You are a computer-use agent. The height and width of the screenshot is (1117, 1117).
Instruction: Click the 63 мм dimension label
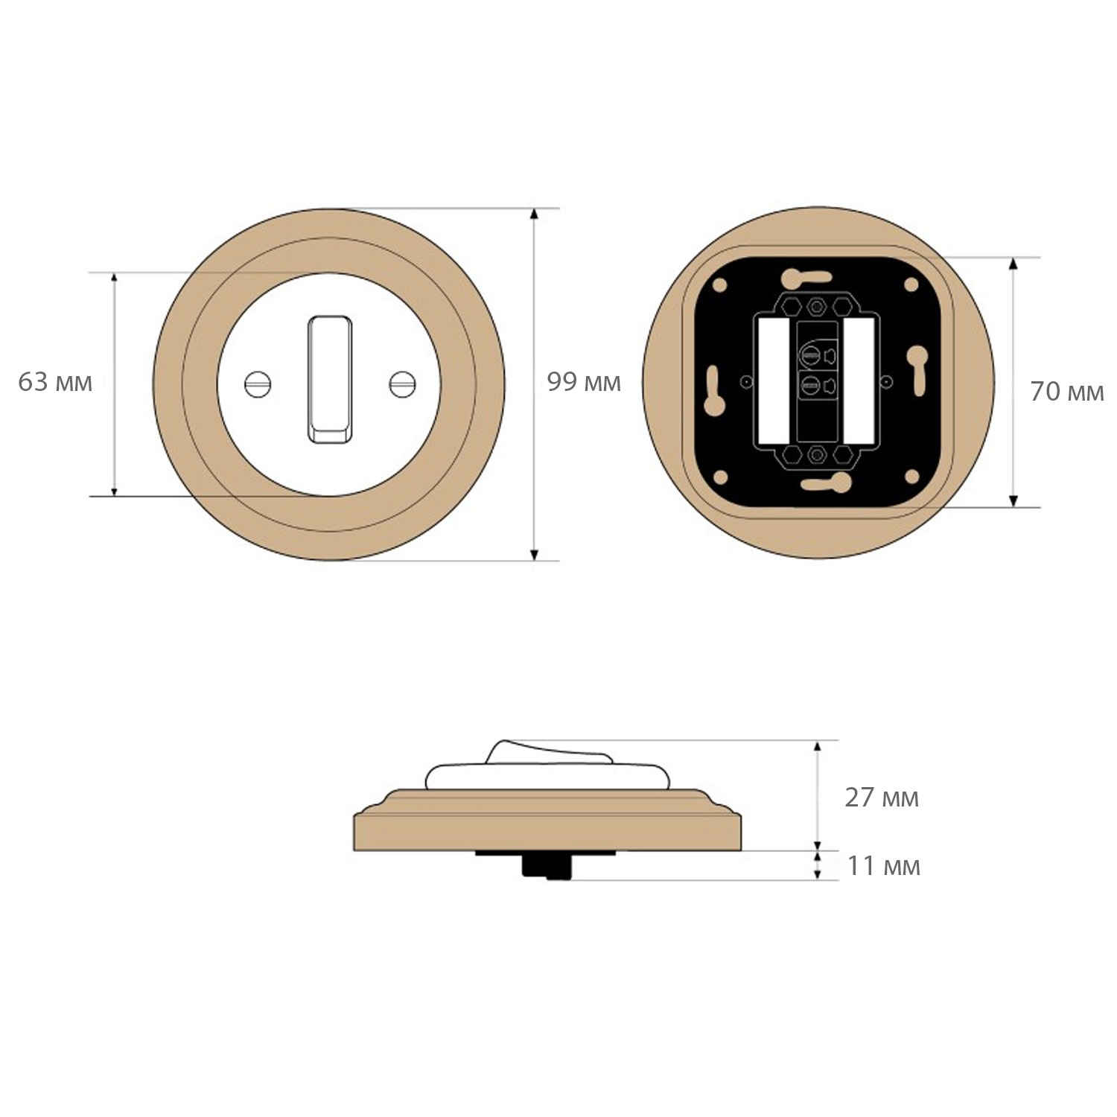pos(55,382)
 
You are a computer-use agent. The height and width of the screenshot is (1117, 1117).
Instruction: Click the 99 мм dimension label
pos(584,382)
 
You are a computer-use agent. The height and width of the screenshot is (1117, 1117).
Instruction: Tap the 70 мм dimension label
pos(1067,392)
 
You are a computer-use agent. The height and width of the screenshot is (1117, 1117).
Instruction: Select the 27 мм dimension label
pos(882,798)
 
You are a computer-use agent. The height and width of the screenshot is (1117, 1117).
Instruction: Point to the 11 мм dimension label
pos(884,866)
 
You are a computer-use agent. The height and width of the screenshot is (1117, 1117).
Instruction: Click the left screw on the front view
pos(258,384)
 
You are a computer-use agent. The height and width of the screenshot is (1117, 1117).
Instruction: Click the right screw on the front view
pos(403,384)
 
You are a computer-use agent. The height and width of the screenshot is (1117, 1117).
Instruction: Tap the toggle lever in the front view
pos(330,380)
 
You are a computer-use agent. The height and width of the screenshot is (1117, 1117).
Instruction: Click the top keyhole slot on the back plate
pos(806,278)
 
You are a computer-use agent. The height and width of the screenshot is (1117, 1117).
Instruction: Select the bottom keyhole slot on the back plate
pos(826,483)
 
